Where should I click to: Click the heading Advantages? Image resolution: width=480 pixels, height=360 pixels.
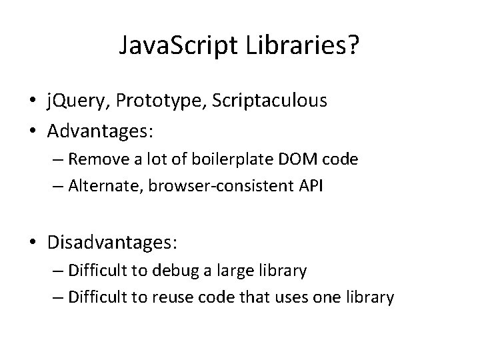click(x=101, y=131)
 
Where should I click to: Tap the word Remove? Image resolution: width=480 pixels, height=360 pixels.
click(x=101, y=159)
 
